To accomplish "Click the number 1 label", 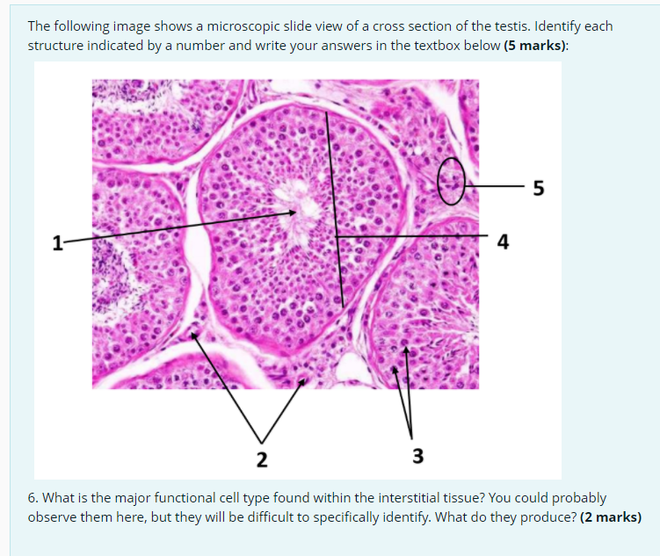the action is (x=57, y=242).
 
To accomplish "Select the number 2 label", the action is (x=261, y=458).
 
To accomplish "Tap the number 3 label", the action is (x=417, y=456).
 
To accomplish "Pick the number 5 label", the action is (x=538, y=187).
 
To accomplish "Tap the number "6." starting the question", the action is (x=33, y=497).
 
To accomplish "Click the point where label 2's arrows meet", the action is (x=261, y=441).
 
